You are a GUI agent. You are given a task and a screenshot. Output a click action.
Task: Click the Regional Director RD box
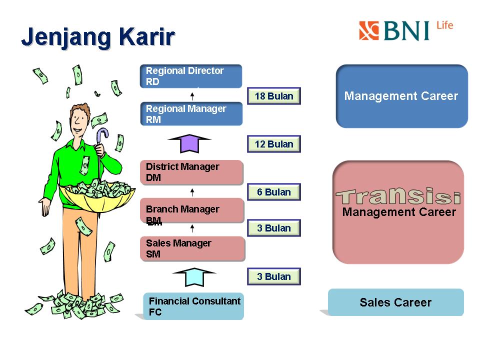tap(191, 76)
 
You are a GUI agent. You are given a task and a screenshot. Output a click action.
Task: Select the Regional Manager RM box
tap(191, 114)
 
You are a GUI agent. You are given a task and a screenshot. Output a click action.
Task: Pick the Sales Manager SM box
tap(192, 248)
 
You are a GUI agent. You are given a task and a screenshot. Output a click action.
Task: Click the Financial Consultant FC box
tap(193, 306)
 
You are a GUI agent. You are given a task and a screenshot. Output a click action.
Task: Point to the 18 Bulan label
tap(274, 96)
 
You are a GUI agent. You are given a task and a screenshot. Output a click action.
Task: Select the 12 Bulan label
tap(274, 144)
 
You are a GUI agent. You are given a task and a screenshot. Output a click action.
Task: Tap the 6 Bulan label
tap(274, 192)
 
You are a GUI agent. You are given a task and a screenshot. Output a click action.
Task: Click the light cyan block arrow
tap(194, 277)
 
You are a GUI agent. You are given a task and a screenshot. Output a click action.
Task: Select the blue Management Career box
tap(401, 96)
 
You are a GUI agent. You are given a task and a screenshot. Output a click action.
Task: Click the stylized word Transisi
tap(398, 196)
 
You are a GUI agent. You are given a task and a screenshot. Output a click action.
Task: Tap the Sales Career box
tap(395, 302)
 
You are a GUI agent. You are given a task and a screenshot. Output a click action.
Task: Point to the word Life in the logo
tap(444, 25)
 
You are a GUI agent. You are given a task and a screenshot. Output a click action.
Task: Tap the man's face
tap(79, 120)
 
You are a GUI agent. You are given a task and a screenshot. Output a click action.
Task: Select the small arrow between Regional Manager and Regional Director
tap(192, 96)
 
